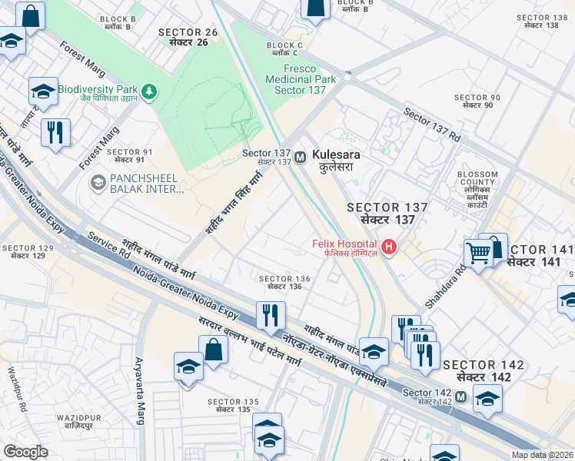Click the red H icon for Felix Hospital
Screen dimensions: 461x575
pyautogui.click(x=390, y=247)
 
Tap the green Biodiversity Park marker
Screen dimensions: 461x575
pyautogui.click(x=148, y=92)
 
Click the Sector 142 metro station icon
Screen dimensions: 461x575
pyautogui.click(x=460, y=396)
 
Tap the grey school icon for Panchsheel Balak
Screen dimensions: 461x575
pyautogui.click(x=98, y=183)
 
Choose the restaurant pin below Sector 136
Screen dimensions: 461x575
pyautogui.click(x=270, y=315)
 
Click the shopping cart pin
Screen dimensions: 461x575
pyautogui.click(x=479, y=252)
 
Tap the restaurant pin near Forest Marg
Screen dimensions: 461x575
pyautogui.click(x=55, y=132)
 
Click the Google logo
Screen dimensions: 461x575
pyautogui.click(x=25, y=451)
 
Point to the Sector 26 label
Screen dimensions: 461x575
pyautogui.click(x=188, y=36)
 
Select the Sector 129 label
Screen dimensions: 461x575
pyautogui.click(x=28, y=252)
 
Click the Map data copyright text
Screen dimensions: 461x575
pyautogui.click(x=540, y=454)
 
